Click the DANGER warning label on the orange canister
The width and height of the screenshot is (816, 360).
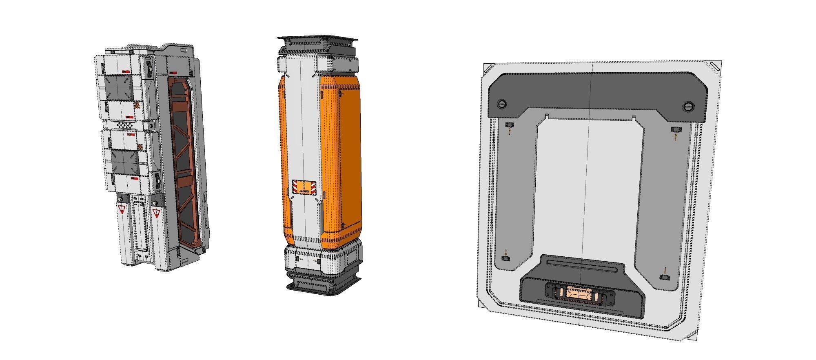click(304, 187)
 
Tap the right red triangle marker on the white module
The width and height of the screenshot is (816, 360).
click(155, 212)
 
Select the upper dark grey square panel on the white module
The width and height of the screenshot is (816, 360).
click(119, 88)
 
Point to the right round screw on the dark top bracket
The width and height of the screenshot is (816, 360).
click(688, 107)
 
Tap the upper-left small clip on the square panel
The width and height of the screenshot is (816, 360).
click(510, 125)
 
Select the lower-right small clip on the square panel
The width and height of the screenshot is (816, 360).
click(665, 277)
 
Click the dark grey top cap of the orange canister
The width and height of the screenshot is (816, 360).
click(317, 42)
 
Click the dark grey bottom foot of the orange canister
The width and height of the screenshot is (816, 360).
click(324, 284)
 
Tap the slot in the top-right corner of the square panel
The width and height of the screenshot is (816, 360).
click(714, 66)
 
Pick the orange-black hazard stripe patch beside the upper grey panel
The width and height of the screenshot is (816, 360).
click(137, 107)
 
